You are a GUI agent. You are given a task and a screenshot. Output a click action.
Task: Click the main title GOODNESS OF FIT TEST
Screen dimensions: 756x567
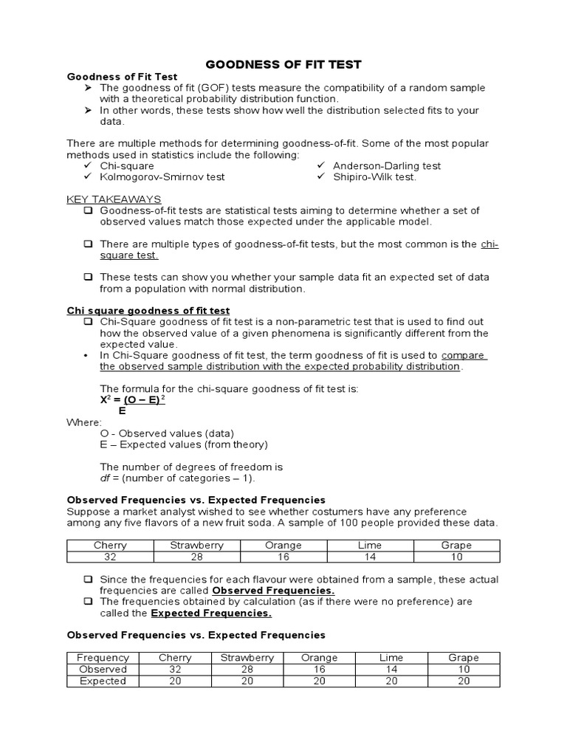283,64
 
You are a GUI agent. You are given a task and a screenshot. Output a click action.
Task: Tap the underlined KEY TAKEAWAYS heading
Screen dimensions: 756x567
114,199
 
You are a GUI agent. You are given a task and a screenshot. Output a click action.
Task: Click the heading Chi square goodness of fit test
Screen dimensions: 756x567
148,311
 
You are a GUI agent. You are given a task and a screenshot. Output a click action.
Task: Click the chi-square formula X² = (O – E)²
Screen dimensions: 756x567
133,399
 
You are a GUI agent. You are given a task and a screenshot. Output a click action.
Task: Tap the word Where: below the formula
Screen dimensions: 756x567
84,422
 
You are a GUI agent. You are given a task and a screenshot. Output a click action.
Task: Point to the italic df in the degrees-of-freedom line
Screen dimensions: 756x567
106,478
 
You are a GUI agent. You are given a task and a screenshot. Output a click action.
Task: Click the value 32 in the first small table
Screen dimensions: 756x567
110,557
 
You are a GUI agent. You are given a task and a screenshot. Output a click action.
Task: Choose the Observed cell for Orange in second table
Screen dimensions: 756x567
320,670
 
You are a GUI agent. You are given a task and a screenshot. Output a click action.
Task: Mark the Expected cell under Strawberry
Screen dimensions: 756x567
247,681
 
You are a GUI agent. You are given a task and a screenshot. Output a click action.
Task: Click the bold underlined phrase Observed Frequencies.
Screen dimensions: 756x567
273,591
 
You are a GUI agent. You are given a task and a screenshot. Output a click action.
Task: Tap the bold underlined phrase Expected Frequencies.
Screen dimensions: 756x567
211,613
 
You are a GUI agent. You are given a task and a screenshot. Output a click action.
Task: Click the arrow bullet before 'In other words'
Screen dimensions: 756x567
87,110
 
